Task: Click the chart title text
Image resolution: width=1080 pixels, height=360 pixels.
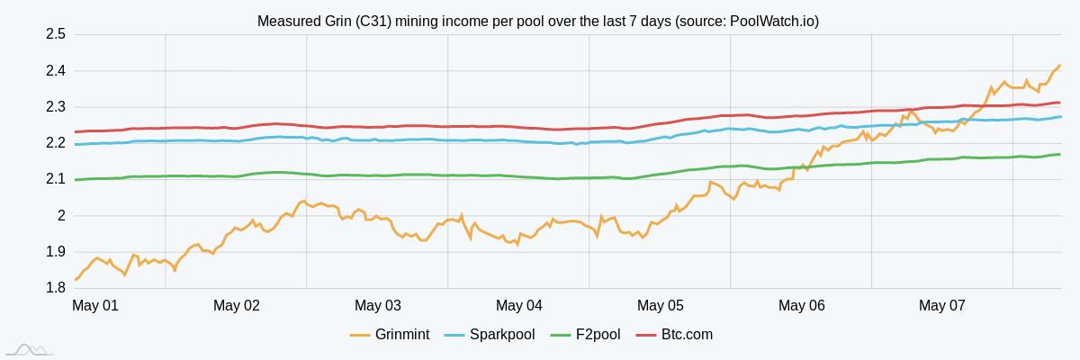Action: (x=538, y=21)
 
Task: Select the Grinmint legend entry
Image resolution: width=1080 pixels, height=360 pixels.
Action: (x=390, y=335)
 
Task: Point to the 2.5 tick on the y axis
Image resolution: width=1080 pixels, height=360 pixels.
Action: (x=55, y=34)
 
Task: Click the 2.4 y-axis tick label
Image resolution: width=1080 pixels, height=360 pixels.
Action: (x=55, y=71)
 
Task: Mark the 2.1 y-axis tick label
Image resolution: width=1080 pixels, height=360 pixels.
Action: (x=55, y=179)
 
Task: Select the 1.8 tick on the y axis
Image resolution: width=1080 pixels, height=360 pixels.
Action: (x=55, y=288)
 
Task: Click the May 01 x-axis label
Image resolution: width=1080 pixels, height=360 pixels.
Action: (x=95, y=306)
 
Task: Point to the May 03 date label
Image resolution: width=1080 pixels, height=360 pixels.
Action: (x=378, y=306)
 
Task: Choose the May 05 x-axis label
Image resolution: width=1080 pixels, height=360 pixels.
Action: (x=661, y=306)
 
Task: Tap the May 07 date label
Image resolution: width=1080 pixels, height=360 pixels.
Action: (x=942, y=306)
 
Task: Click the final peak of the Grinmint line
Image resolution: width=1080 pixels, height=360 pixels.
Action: (x=1059, y=66)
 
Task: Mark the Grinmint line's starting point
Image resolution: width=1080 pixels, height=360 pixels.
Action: (x=75, y=280)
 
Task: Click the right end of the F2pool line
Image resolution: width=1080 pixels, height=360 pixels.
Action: (x=1059, y=155)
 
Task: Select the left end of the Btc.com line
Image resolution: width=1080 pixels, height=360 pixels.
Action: (x=75, y=132)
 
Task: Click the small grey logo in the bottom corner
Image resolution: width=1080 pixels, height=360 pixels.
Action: (x=29, y=349)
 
